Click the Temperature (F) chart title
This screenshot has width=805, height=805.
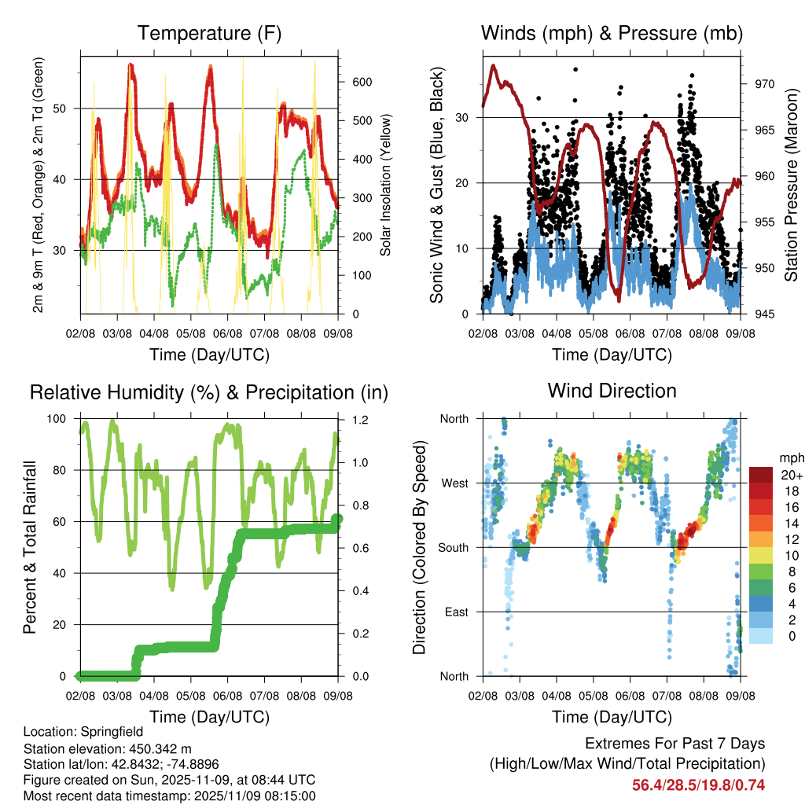[209, 33]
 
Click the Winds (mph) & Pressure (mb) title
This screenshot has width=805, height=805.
[612, 33]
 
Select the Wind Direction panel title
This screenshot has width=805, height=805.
[612, 391]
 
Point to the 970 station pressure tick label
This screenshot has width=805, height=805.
[765, 83]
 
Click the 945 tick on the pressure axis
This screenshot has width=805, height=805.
[765, 314]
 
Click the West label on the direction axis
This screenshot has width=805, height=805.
[454, 483]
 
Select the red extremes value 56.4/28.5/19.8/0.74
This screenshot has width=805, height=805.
[698, 785]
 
